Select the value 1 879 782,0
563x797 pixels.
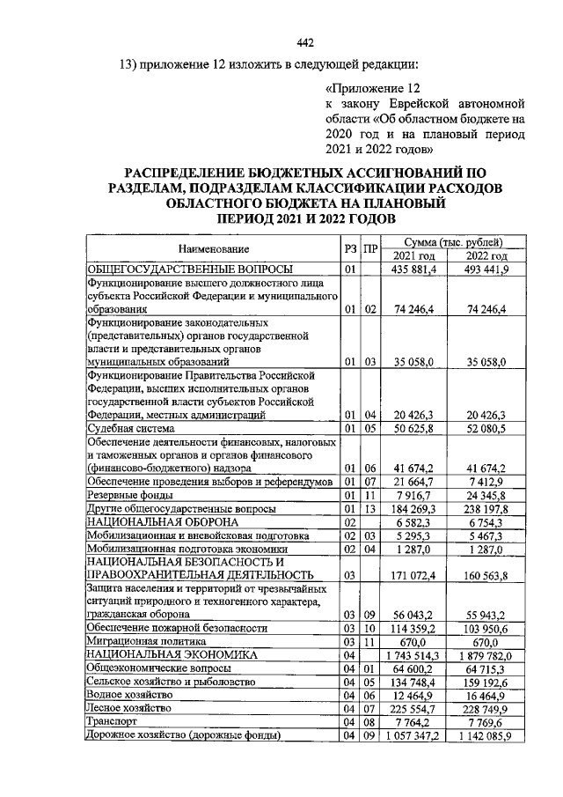click(481, 656)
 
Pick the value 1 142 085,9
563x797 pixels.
click(481, 735)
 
